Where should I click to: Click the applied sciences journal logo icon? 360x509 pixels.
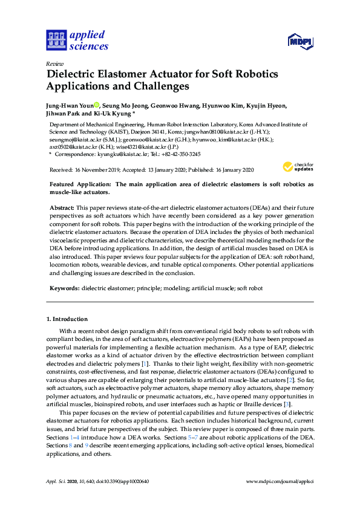[55, 39]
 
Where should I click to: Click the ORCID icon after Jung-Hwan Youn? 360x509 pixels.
[96, 105]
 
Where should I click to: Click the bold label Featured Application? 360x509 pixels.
[80, 184]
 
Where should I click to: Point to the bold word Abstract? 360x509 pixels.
[61, 207]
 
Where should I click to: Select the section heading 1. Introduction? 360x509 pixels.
[67, 319]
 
